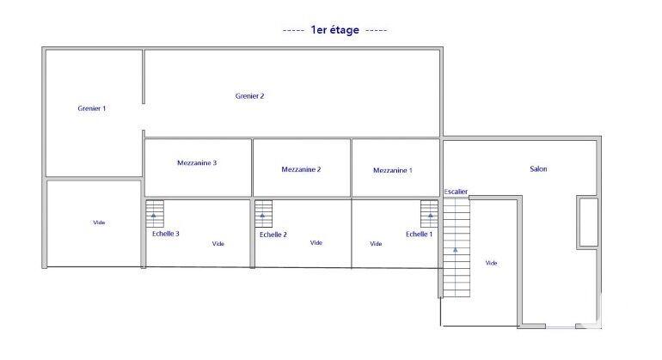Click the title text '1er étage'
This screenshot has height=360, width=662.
click(335, 30)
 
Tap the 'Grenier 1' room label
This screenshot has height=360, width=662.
click(92, 109)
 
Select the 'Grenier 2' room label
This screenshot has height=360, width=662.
click(249, 96)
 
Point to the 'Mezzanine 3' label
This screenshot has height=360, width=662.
click(197, 162)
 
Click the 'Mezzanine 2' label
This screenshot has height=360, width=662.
click(301, 169)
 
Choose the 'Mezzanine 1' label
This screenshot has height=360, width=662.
click(393, 170)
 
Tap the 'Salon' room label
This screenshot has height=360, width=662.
click(538, 169)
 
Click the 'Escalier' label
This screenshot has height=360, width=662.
click(457, 191)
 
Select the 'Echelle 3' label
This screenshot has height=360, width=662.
click(165, 234)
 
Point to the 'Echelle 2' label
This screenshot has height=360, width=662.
click(273, 235)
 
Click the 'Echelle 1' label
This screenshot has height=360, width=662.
click(420, 234)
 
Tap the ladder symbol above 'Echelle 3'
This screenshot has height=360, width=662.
click(154, 213)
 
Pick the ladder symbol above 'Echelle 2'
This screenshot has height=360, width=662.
click(263, 213)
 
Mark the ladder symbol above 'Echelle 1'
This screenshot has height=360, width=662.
click(429, 213)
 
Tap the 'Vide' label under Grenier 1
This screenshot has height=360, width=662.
click(99, 223)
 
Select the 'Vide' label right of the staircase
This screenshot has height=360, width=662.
click(492, 263)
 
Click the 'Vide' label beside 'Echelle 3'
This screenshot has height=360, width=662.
click(218, 244)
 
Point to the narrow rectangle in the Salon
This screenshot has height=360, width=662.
click(588, 223)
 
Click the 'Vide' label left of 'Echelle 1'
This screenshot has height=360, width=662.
click(376, 244)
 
